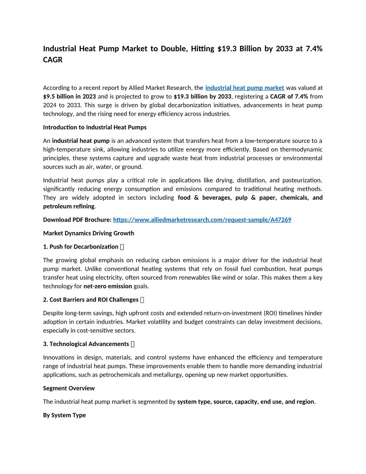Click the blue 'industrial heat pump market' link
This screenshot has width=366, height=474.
244,88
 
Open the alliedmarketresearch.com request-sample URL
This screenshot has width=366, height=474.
202,220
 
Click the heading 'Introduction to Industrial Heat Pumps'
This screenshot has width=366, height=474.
95,127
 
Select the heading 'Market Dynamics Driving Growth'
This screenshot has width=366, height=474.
88,233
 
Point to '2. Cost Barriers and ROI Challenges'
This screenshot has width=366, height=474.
91,300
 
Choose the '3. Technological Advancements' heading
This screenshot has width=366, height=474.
86,344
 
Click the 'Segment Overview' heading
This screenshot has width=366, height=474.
69,388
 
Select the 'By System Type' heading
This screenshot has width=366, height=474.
64,416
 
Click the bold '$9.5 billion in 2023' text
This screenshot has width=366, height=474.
70,97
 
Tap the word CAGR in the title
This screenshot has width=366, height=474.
53,60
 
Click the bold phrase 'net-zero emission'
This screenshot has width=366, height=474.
108,286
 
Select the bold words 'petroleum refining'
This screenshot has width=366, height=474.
69,206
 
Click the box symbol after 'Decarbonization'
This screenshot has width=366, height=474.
122,247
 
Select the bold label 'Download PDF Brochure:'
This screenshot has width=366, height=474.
77,220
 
